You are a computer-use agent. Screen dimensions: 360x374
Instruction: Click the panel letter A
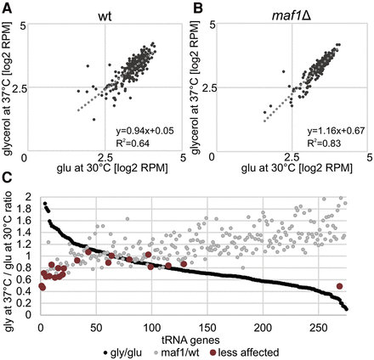[6, 7]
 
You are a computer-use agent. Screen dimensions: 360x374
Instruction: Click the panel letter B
[195, 7]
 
